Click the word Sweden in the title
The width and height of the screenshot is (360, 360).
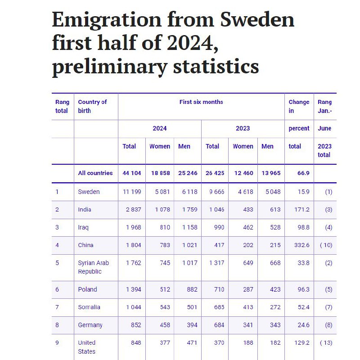pos(257,20)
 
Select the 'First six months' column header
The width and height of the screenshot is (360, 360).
pos(201,102)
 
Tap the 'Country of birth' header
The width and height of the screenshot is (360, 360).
pos(92,106)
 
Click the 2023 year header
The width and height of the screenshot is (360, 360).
pos(243,128)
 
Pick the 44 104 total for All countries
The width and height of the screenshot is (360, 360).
pos(132,173)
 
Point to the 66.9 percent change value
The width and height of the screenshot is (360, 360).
pos(303,173)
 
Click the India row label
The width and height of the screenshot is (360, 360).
pos(85,209)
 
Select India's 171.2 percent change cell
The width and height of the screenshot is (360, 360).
pos(301,209)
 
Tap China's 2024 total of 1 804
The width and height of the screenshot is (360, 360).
pos(133,245)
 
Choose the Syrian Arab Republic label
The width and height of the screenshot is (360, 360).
pos(94,267)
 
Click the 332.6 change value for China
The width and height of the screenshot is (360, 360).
pos(301,245)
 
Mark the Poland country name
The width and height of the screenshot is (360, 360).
pos(87,289)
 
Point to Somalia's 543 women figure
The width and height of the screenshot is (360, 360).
pos(165,307)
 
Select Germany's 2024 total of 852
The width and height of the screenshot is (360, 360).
pos(136,325)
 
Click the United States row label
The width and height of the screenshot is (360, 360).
pos(86,347)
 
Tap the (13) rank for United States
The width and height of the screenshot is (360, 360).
pos(326,343)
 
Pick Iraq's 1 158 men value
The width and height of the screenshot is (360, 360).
pos(189,227)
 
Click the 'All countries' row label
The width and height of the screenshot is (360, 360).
pos(95,173)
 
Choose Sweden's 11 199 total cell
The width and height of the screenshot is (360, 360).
pos(132,192)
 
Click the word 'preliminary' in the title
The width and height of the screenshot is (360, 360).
pos(110,67)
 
